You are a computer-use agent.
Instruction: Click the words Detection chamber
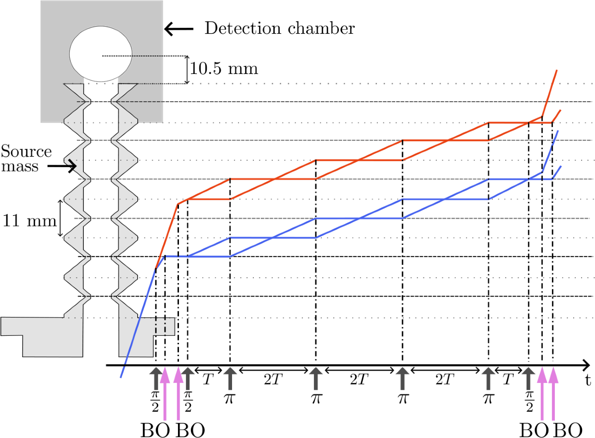point(280,29)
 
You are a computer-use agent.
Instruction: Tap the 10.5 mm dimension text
point(224,68)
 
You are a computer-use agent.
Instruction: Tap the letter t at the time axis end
point(587,381)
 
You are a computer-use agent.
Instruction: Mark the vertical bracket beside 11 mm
point(61,218)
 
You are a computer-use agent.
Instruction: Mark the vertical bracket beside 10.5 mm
point(187,69)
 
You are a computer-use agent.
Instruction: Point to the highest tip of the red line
point(557,70)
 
